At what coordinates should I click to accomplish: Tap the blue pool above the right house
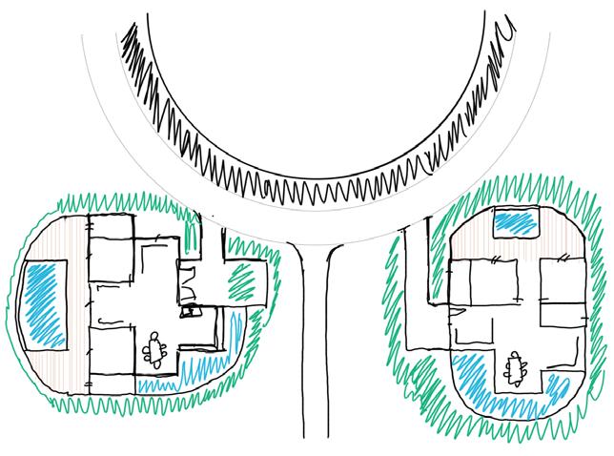(516, 223)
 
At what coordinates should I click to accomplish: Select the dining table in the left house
(154, 350)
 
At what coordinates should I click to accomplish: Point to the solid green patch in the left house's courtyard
(242, 280)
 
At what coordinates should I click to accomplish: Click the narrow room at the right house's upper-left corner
(459, 280)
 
